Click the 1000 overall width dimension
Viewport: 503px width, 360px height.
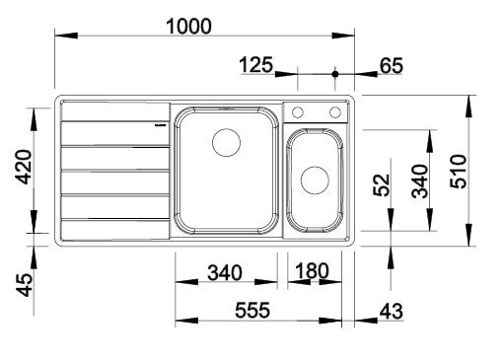(188, 27)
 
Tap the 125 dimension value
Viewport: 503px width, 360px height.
(256, 64)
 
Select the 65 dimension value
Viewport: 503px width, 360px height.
(392, 65)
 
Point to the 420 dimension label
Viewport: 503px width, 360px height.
(25, 167)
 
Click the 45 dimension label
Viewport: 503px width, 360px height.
(25, 285)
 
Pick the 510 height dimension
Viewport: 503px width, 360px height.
(459, 172)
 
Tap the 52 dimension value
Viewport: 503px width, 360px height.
(382, 185)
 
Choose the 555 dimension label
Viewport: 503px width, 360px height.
(252, 310)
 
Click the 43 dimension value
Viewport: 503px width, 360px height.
(392, 311)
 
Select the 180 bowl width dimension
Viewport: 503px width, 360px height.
(312, 271)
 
